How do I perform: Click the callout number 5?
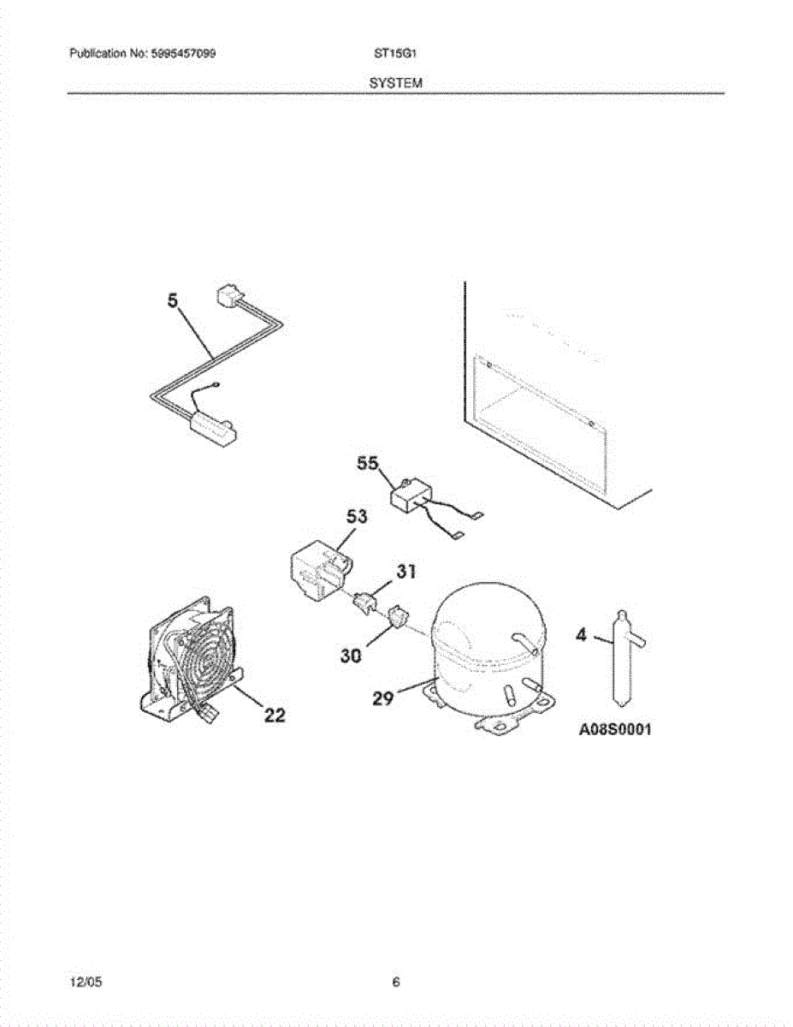[x=174, y=301]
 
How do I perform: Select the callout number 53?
[x=357, y=517]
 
